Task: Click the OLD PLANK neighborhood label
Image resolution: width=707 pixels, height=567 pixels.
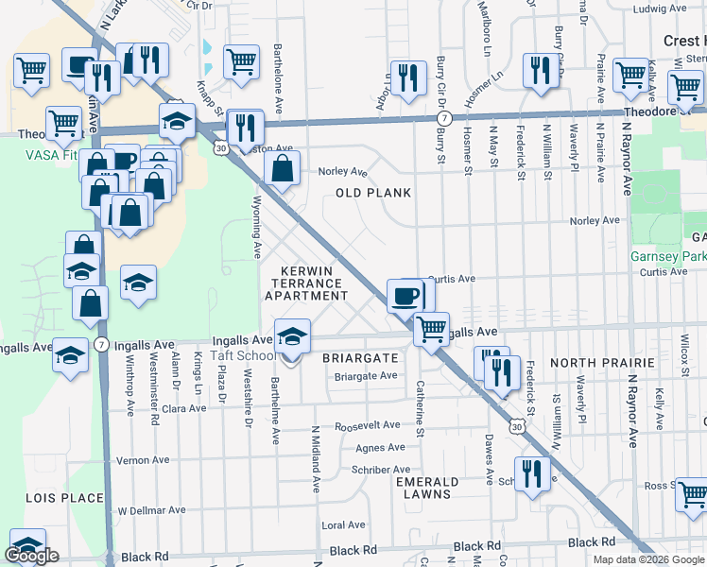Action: pyautogui.click(x=373, y=193)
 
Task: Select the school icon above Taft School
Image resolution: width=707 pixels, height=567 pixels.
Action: pyautogui.click(x=293, y=335)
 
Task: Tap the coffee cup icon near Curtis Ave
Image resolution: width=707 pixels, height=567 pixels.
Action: pyautogui.click(x=404, y=296)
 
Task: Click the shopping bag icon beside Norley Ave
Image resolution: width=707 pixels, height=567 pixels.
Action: pyautogui.click(x=283, y=169)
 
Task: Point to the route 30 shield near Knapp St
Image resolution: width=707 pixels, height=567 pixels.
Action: pyautogui.click(x=219, y=147)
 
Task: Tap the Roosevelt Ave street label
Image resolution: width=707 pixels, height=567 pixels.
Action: pyautogui.click(x=369, y=425)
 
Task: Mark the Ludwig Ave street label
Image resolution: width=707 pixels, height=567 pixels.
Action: pyautogui.click(x=661, y=9)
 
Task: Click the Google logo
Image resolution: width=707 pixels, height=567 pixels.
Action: pyautogui.click(x=32, y=557)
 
